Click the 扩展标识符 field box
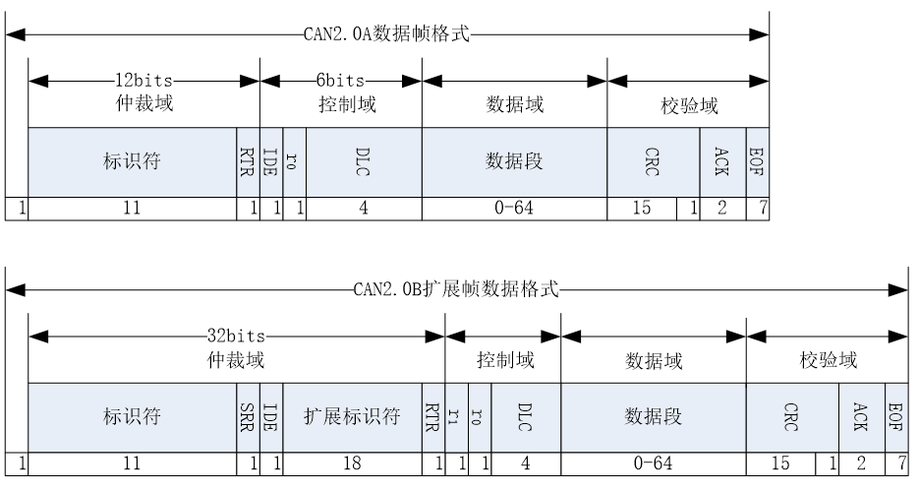point(352,416)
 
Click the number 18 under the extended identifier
point(352,460)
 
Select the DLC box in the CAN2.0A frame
point(364,162)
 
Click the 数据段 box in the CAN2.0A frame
point(514,162)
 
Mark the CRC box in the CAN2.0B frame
point(792,416)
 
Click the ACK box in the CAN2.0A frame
point(722,162)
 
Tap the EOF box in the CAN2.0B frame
point(896,416)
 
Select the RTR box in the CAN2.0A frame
point(248,162)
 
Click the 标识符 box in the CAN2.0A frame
point(132,162)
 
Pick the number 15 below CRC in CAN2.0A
point(641,207)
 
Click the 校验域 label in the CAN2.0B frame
point(828,361)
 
